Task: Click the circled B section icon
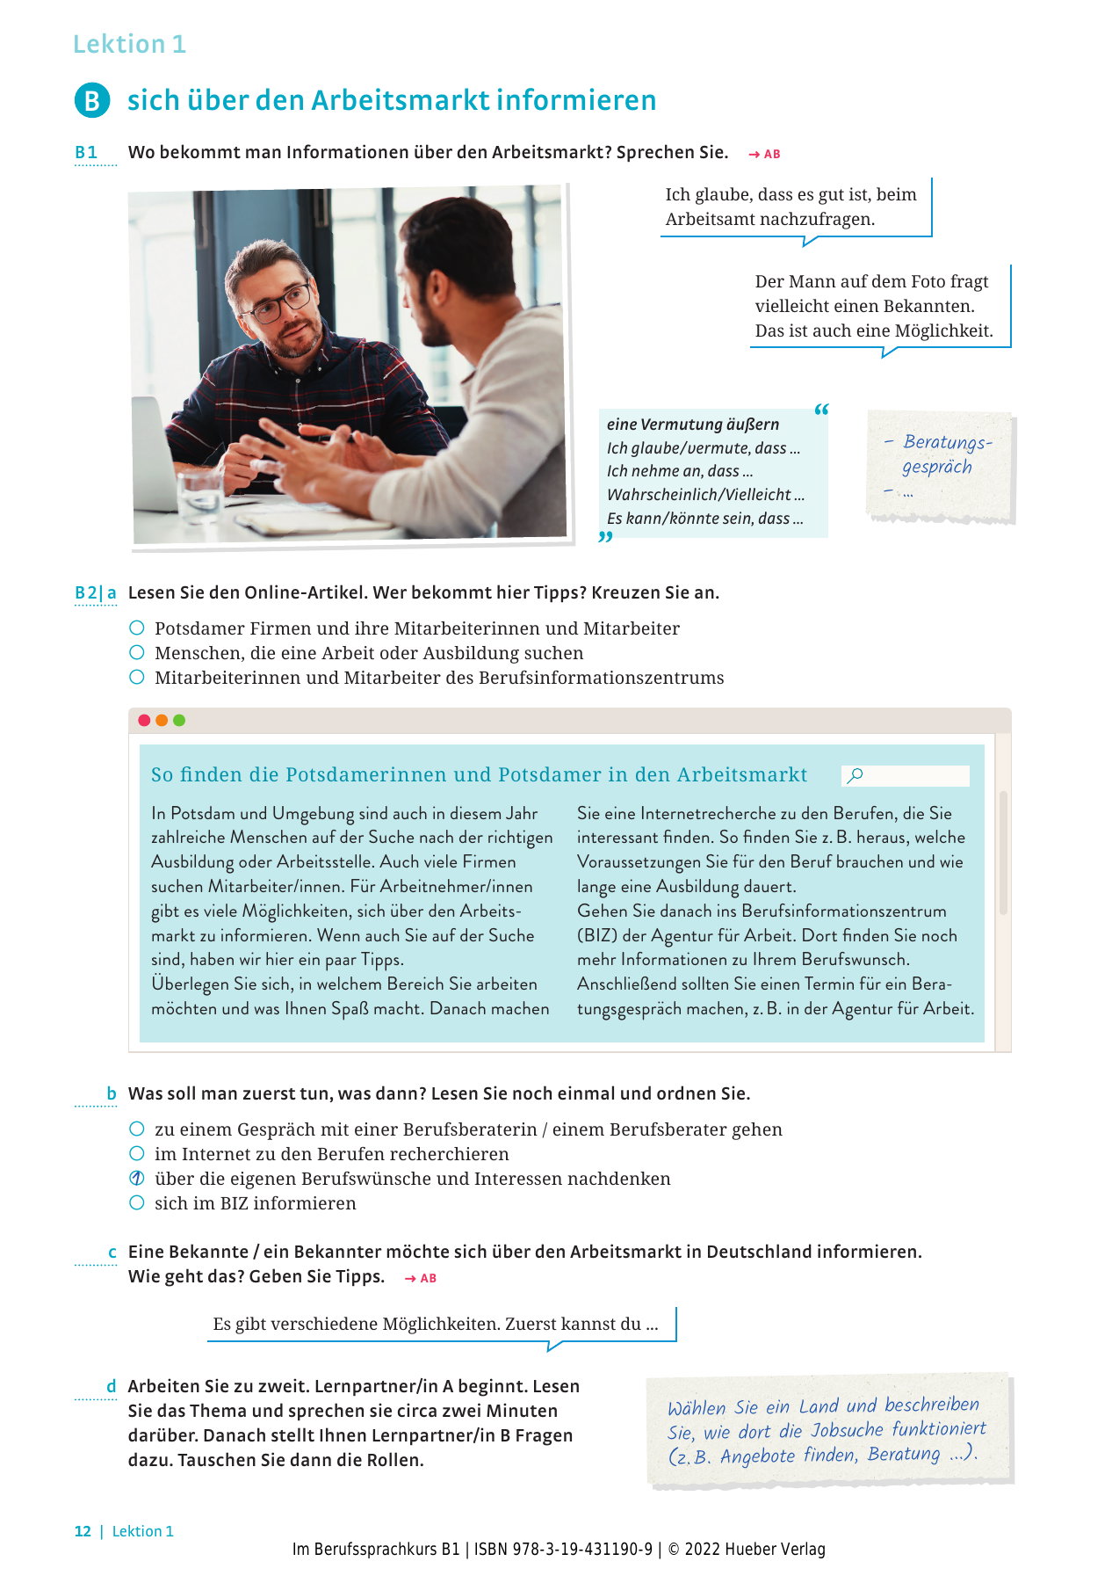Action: (92, 101)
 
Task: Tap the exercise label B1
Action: (86, 152)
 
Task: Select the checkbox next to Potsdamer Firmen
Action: (137, 628)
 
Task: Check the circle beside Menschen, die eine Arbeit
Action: (137, 653)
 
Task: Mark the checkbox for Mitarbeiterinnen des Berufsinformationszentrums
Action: (137, 678)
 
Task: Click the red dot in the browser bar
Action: (144, 721)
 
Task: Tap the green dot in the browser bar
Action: (179, 721)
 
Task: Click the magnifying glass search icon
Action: (855, 775)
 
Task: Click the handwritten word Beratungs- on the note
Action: (948, 442)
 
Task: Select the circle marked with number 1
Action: (137, 1179)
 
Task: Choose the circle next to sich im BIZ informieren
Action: (137, 1203)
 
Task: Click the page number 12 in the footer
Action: (83, 1531)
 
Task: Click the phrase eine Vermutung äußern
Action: (693, 425)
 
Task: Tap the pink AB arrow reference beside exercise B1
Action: (764, 154)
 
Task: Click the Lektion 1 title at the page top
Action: (129, 44)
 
